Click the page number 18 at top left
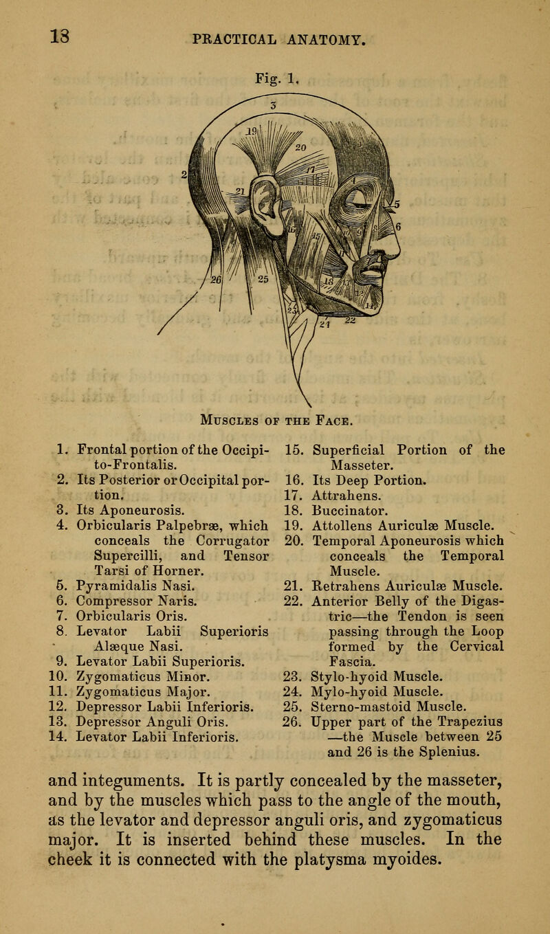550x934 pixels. tap(27, 32)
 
